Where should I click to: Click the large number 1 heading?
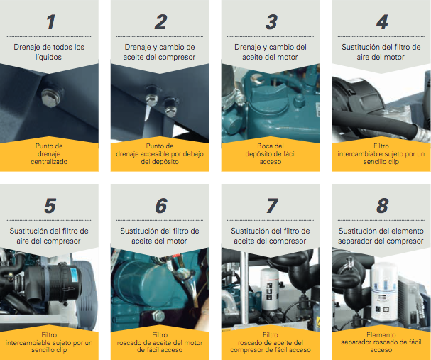pos(50,22)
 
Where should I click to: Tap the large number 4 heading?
pos(382,22)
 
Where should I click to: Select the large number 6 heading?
pos(161,205)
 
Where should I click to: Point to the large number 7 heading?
pos(272,205)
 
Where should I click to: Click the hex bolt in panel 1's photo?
pos(51,97)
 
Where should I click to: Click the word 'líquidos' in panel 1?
pos(48,58)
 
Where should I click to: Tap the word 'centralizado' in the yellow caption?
pos(49,162)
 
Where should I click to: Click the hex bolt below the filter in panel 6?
pos(158,316)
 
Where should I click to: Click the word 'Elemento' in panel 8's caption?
pos(381,334)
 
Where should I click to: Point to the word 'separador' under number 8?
pos(355,241)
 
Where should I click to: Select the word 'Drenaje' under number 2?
pos(137,48)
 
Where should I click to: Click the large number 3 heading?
pos(271,22)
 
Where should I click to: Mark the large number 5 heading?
pos(50,205)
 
